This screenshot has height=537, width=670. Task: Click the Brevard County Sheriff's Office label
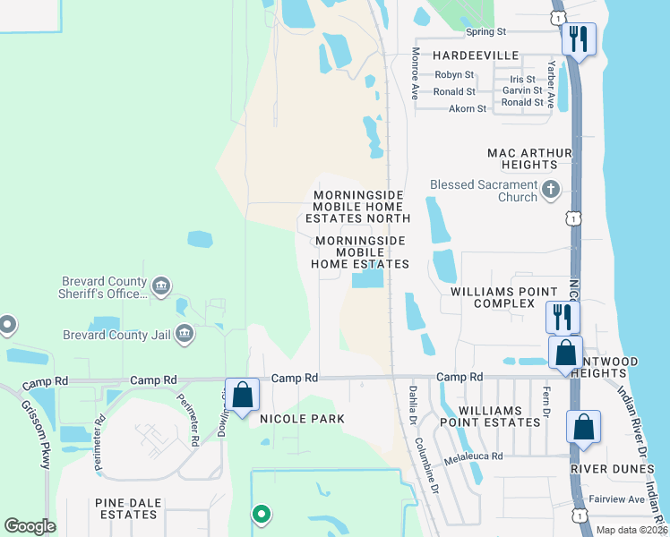click(104, 286)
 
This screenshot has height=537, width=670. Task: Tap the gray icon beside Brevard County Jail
click(185, 335)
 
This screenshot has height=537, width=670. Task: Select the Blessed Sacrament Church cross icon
click(550, 190)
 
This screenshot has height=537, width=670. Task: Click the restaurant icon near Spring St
click(579, 39)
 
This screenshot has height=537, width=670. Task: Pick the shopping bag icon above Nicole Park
click(242, 394)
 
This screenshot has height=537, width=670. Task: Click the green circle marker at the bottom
click(261, 514)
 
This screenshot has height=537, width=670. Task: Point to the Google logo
click(30, 526)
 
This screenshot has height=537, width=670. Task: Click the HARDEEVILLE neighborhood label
click(476, 55)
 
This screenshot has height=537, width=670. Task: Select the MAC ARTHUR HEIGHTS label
click(529, 158)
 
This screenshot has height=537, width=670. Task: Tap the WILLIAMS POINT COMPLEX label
click(504, 298)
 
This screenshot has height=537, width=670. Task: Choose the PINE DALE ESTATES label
click(126, 508)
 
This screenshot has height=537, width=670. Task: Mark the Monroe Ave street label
click(416, 73)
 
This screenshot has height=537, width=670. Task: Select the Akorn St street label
click(467, 108)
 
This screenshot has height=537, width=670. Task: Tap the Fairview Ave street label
click(616, 499)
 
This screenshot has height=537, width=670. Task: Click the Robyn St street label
click(454, 75)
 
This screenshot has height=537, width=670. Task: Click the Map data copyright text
click(631, 530)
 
